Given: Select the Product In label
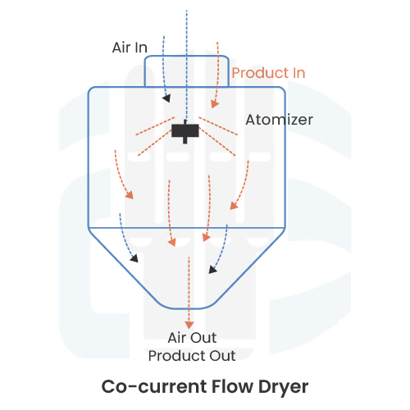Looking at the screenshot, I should (268, 73).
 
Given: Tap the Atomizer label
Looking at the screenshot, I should (279, 120).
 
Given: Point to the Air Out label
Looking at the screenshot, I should (191, 338).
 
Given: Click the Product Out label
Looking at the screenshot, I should (191, 356).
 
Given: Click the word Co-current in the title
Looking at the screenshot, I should (144, 385).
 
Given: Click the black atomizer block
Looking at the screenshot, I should (186, 130).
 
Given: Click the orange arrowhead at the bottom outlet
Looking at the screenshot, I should (190, 325).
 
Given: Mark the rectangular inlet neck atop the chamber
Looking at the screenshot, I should (187, 71).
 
